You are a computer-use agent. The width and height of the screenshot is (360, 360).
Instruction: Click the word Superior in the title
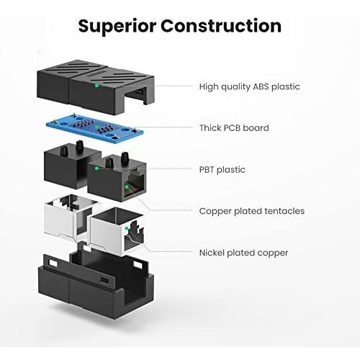117,27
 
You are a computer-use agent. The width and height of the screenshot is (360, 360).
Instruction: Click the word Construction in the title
221,25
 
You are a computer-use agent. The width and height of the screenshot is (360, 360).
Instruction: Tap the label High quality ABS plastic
249,86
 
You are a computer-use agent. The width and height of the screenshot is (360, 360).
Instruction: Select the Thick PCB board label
234,128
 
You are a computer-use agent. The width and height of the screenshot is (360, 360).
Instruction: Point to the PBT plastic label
222,170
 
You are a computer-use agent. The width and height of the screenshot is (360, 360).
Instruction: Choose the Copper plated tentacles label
252,211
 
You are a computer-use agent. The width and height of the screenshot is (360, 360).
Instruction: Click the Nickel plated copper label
243,253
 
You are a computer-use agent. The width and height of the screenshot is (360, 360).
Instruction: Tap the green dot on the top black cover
96,85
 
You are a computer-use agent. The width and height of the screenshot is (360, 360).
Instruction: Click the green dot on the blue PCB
96,127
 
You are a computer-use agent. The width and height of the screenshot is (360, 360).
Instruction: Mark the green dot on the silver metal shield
127,228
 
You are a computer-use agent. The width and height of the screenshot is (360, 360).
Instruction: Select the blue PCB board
95,130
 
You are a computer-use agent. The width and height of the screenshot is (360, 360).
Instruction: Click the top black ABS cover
96,87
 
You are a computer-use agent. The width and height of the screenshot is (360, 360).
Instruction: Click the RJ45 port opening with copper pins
134,184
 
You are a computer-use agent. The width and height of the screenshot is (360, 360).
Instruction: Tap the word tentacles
284,211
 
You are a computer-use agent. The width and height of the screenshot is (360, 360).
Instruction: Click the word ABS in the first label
261,86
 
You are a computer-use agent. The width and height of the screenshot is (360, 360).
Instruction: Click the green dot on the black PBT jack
96,168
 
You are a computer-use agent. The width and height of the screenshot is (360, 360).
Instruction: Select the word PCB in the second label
232,128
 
